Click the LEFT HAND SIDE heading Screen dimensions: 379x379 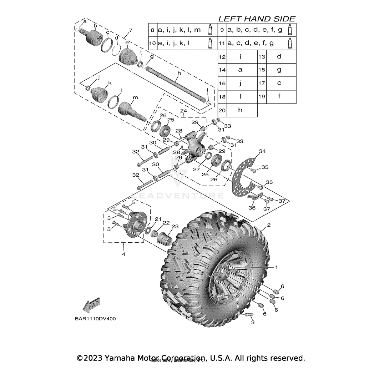[x=257, y=19]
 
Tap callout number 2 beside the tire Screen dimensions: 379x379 [x=269, y=225]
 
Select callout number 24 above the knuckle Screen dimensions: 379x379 [x=183, y=111]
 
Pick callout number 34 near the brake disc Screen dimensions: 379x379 [x=262, y=151]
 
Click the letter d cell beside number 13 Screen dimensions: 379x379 [x=279, y=56]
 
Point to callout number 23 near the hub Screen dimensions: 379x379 [x=175, y=226]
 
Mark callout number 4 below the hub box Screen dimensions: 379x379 [x=123, y=254]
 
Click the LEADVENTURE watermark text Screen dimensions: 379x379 [x=177, y=196]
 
